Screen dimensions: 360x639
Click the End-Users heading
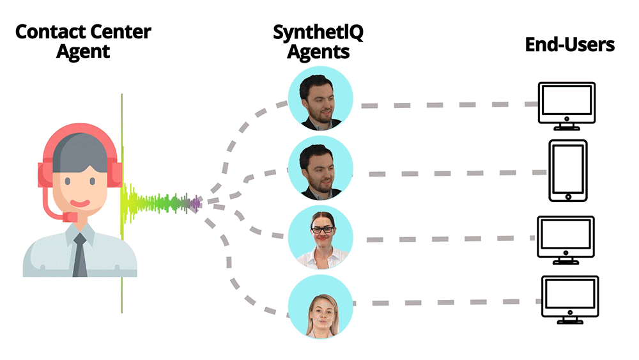pos(570,45)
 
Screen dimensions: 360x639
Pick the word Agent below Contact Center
pos(83,52)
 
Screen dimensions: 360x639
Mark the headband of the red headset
pos(80,131)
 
